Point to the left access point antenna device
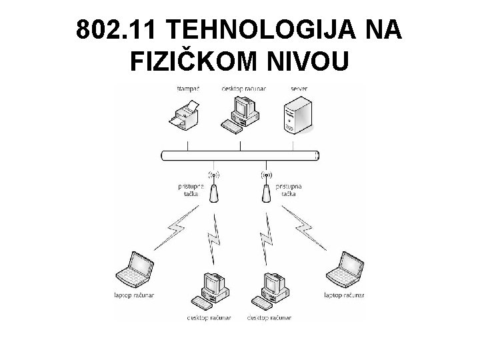pyautogui.click(x=214, y=191)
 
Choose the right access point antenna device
pyautogui.click(x=265, y=191)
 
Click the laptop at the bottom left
pyautogui.click(x=135, y=269)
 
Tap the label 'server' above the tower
pyautogui.click(x=299, y=88)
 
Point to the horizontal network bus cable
pyautogui.click(x=240, y=155)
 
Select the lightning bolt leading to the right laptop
pyautogui.click(x=305, y=229)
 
